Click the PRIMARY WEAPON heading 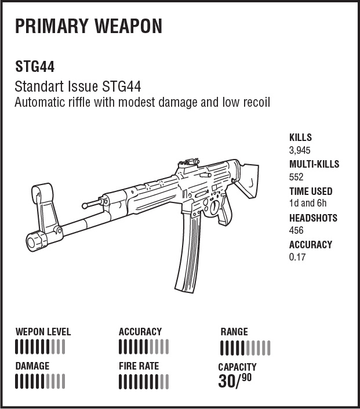[89, 26]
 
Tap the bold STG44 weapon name [35, 67]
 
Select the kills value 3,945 [300, 150]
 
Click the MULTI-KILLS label [314, 164]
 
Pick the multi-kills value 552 [296, 177]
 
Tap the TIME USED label [311, 191]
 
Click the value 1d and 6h [308, 203]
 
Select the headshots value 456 [296, 230]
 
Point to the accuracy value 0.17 [297, 257]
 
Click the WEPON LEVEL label [43, 332]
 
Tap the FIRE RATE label [139, 366]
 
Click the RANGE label [234, 332]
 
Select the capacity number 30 [226, 381]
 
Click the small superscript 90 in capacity [246, 378]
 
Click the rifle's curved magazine [189, 251]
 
